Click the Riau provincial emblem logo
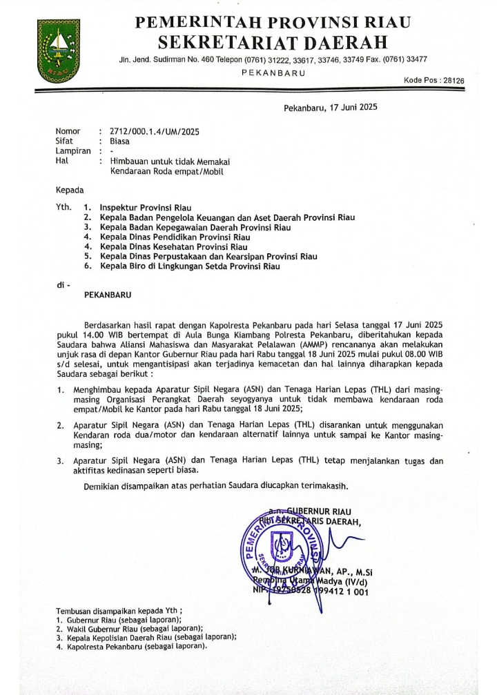[56, 50]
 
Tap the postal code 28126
[450, 81]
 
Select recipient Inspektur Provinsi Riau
[146, 207]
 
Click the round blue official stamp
[275, 549]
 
